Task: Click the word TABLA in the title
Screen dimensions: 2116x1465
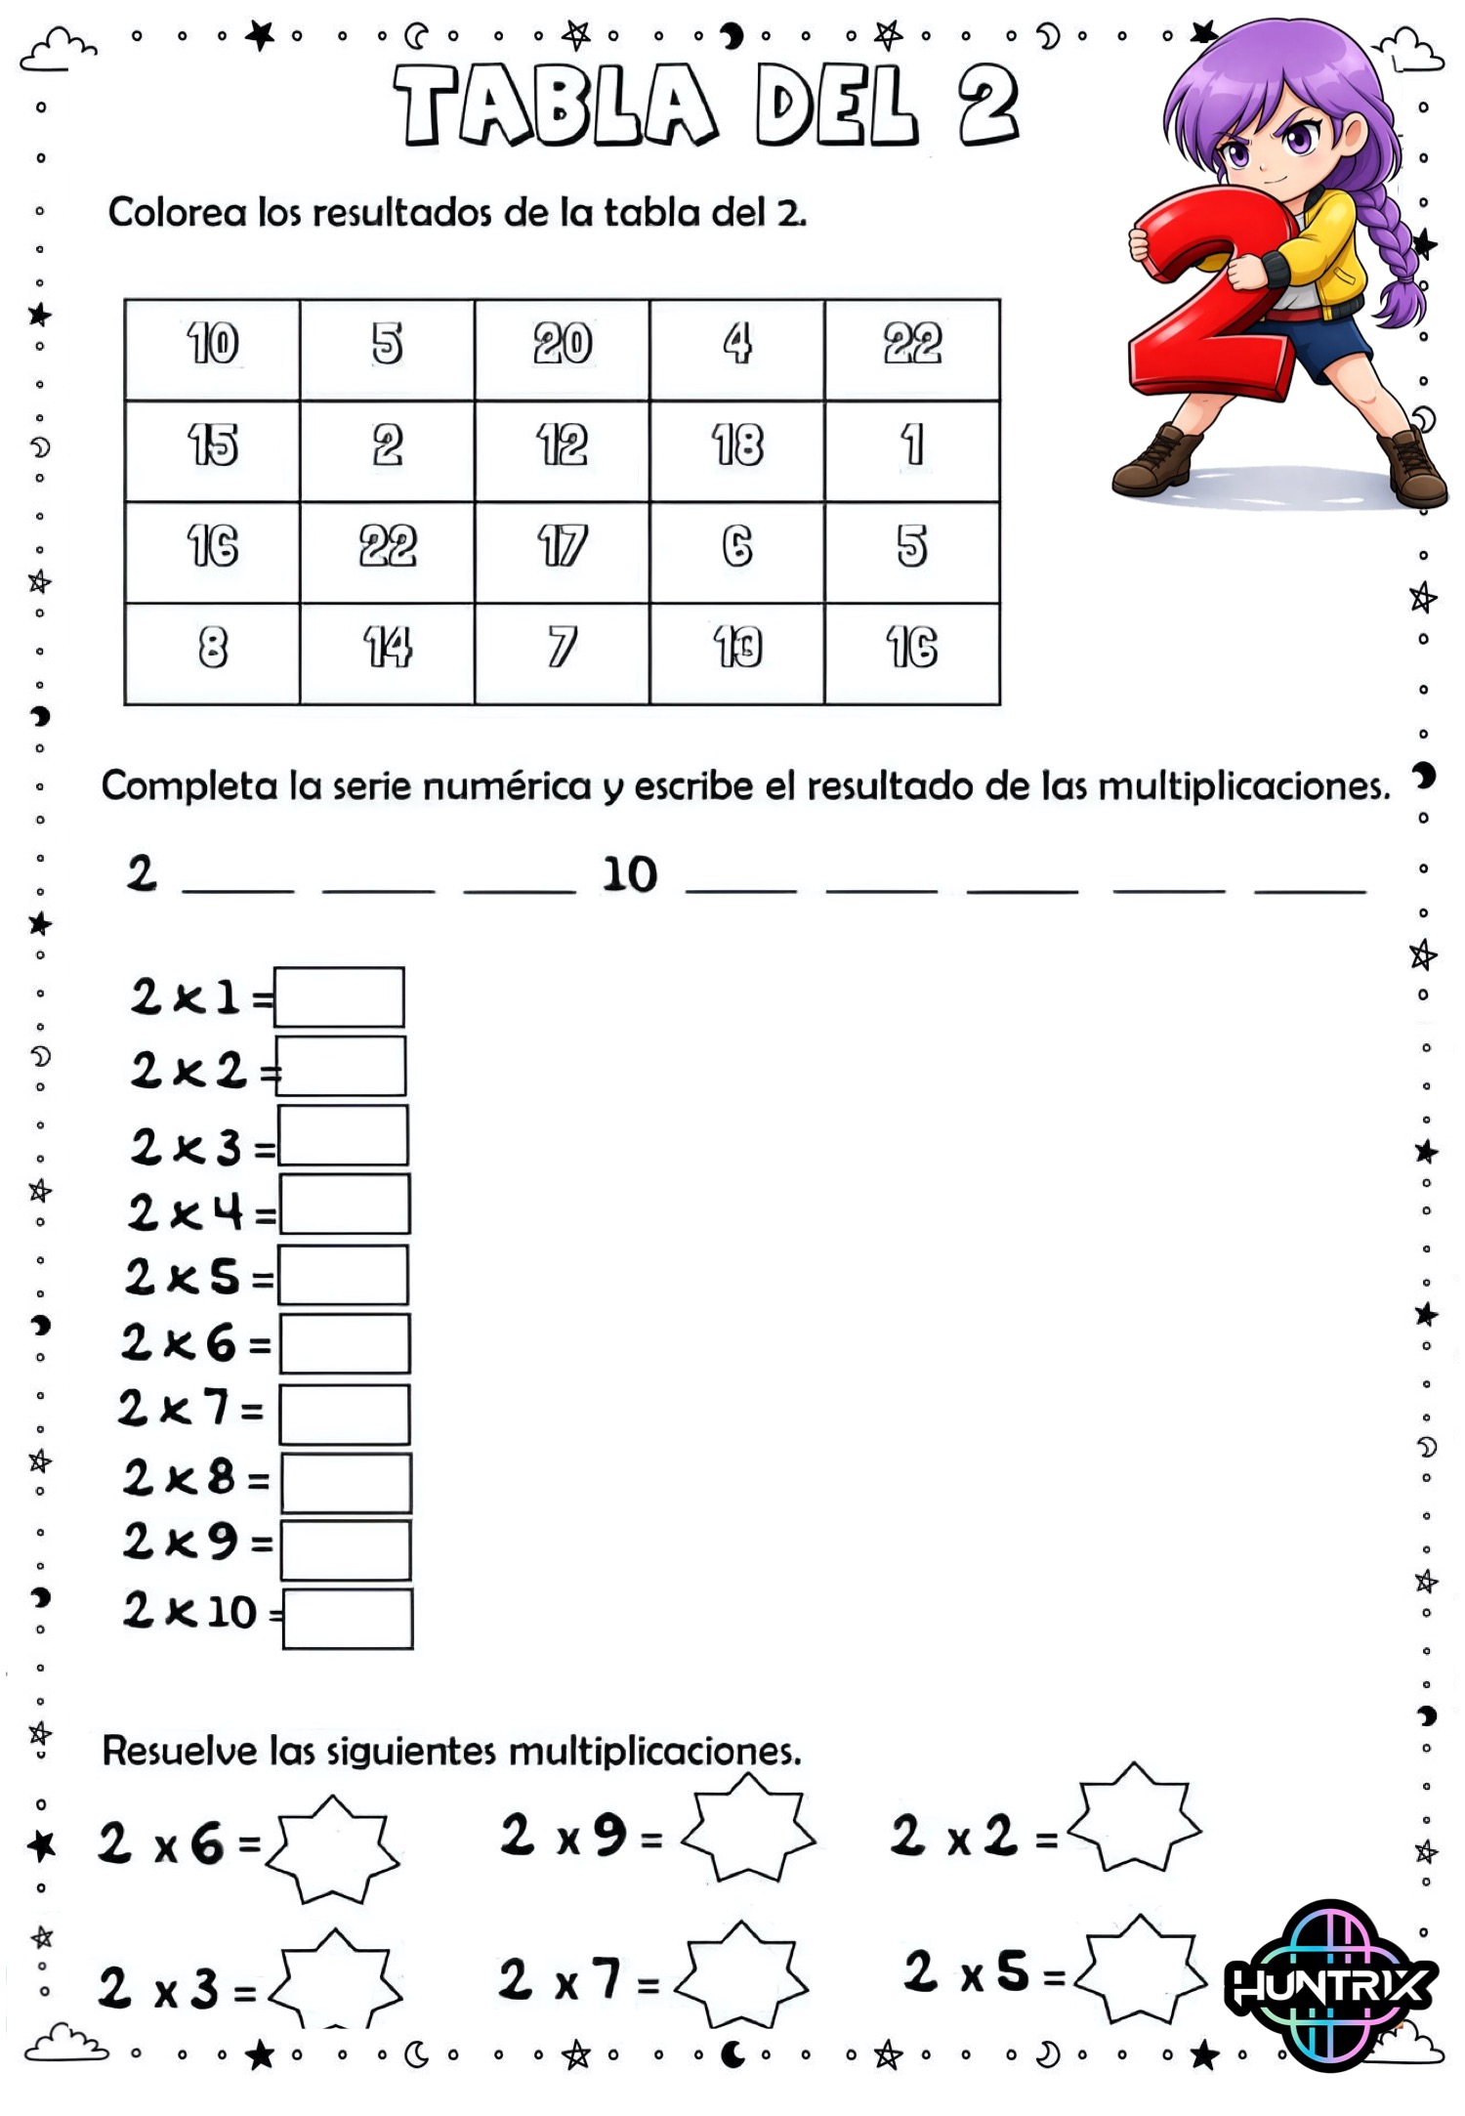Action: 554,106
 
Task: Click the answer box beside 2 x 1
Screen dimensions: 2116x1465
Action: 339,996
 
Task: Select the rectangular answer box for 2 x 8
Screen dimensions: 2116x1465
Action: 346,1482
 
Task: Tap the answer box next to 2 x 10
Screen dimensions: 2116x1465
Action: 348,1619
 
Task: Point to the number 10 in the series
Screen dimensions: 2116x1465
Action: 629,874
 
